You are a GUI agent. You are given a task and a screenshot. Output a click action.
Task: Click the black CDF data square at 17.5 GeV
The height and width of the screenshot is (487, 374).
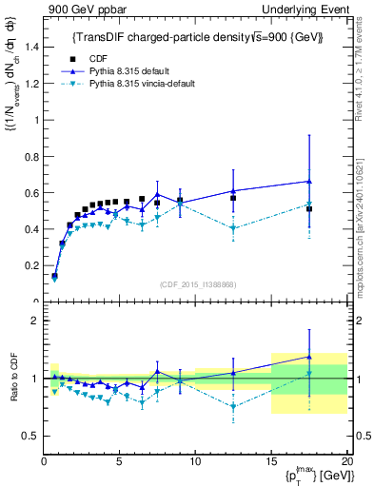coord(309,208)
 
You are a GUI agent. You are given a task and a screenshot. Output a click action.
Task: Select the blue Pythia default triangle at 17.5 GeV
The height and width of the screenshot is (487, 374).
coord(309,181)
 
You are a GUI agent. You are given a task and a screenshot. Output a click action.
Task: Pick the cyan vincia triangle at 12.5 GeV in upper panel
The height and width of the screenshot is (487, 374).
coord(233,228)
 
